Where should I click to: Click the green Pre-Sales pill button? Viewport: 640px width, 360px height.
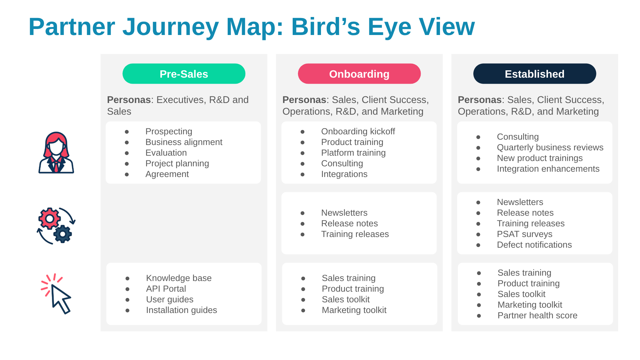tap(184, 74)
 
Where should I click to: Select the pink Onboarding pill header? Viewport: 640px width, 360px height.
tap(359, 74)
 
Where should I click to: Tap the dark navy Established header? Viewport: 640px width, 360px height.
tap(534, 74)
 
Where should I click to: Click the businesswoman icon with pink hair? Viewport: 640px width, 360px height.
tap(56, 153)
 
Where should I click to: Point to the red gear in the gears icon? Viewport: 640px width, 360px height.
tap(50, 219)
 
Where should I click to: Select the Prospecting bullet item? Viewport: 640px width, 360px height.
tap(169, 131)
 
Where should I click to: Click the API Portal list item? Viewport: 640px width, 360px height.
tap(166, 289)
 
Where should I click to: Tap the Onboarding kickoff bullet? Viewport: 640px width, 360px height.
tap(358, 131)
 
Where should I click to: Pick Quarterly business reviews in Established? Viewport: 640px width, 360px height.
tap(550, 147)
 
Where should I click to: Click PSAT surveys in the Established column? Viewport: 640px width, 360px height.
tap(524, 234)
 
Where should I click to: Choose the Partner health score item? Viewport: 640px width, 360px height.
tap(537, 315)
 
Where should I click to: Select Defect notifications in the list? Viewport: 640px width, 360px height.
tap(534, 245)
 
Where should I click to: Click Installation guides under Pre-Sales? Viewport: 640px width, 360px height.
tap(181, 310)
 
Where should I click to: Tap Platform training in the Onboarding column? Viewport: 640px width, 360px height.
tap(353, 153)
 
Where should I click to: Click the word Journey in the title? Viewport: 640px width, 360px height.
tap(170, 27)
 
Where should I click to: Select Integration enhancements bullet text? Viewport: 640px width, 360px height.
tap(548, 169)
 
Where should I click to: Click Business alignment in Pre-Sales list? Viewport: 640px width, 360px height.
tap(184, 142)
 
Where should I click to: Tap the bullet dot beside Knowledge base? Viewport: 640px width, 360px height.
tap(127, 278)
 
